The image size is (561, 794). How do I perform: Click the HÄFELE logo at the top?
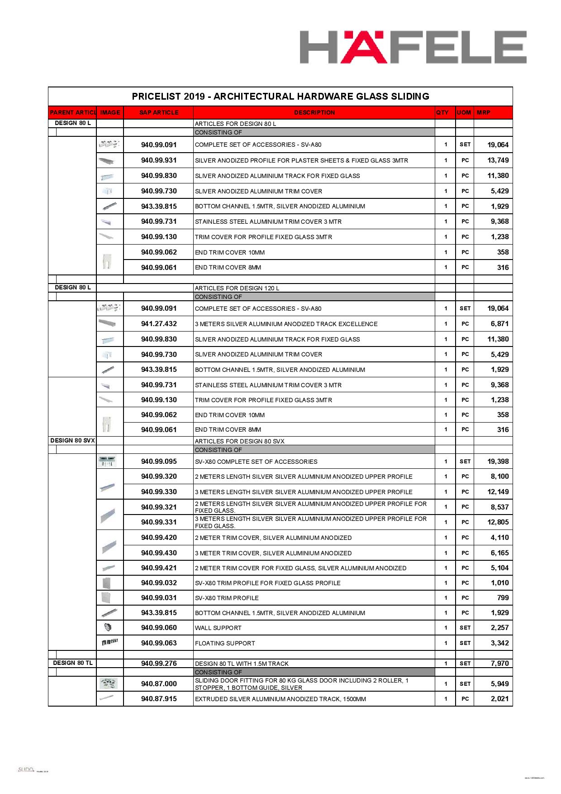(413, 47)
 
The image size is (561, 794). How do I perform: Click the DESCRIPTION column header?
(314, 112)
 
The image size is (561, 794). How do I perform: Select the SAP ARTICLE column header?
(159, 112)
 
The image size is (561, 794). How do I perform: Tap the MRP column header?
(484, 112)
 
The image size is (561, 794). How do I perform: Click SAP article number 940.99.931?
(159, 160)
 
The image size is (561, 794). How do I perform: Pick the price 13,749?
(498, 160)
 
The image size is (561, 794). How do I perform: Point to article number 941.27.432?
(159, 324)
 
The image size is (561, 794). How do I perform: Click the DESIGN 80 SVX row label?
(72, 440)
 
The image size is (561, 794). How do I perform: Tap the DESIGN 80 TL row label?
(72, 663)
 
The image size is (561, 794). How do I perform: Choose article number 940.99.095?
(159, 462)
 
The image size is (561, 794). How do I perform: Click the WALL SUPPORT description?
(218, 628)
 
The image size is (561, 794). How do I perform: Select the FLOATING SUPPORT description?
(225, 643)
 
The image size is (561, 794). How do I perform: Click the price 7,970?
(499, 664)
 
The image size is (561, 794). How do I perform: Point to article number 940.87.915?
(159, 699)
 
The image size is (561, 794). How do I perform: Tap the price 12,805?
(498, 522)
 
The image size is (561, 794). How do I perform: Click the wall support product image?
(108, 628)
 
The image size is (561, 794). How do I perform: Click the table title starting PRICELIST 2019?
(280, 96)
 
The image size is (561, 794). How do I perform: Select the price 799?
(503, 598)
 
